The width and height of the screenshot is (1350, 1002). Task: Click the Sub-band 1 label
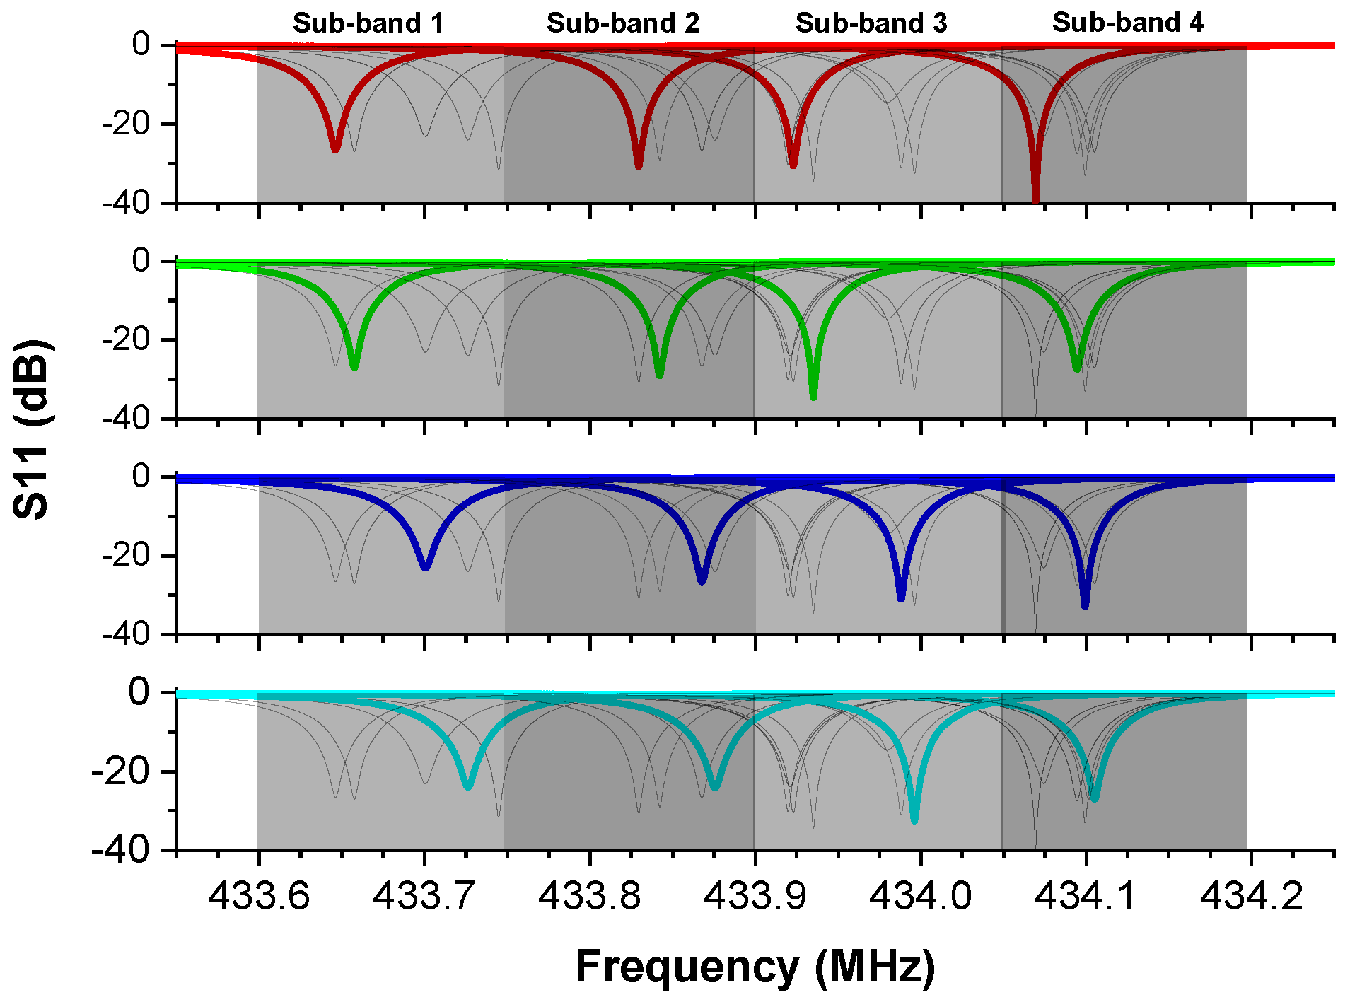pos(368,23)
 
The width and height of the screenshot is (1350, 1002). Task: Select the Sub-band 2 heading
pos(622,23)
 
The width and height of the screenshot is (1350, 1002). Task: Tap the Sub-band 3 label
pos(871,23)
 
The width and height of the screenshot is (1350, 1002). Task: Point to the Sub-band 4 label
pos(1127,23)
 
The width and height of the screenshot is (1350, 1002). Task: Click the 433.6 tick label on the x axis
pos(258,896)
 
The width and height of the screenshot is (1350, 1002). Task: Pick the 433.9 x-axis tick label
pos(755,896)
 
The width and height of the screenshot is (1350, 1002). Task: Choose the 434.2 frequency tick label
pos(1251,896)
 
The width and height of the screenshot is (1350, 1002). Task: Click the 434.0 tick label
pos(920,896)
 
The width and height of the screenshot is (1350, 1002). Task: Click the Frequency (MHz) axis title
pos(755,967)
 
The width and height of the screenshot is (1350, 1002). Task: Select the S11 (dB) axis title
pos(31,429)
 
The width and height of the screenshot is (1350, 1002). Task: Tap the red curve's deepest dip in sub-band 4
pos(1035,198)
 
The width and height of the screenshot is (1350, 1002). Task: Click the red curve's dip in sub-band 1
pos(335,148)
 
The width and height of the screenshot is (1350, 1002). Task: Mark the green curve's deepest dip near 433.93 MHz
pos(813,396)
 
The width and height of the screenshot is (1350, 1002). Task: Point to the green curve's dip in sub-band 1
pos(354,366)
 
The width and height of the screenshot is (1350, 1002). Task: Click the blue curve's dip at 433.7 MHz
pos(425,566)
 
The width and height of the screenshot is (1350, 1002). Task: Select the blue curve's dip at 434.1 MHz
pos(1085,605)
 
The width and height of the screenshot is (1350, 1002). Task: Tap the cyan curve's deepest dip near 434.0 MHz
pos(914,820)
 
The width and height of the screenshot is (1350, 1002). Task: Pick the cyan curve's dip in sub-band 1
pos(467,785)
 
